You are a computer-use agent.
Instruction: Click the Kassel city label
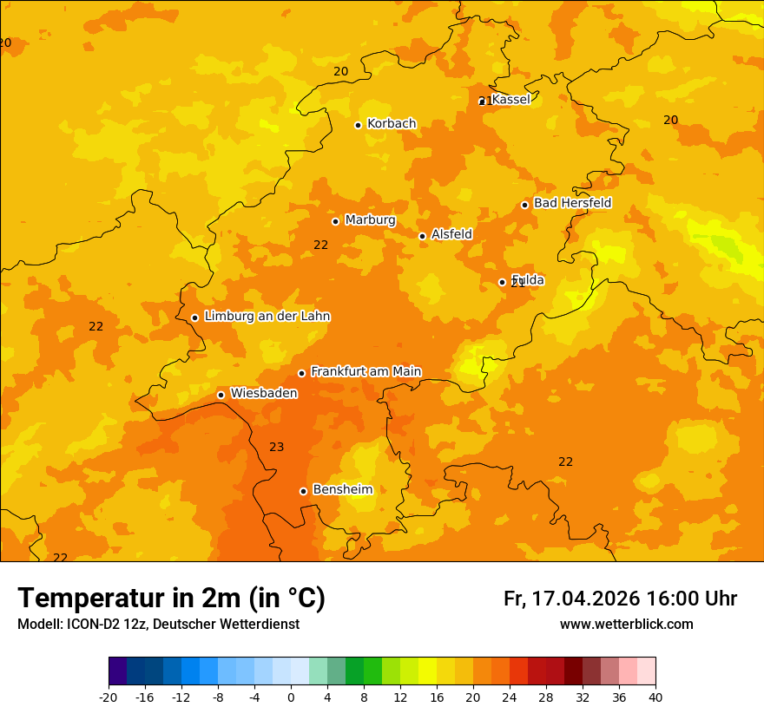click(510, 100)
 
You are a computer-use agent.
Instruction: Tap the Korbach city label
click(392, 124)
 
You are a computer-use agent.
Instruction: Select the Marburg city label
click(370, 220)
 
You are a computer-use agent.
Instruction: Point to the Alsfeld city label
click(451, 234)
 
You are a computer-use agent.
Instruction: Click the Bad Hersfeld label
click(572, 203)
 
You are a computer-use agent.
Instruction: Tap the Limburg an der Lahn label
click(267, 317)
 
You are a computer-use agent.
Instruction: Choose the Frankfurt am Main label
click(366, 371)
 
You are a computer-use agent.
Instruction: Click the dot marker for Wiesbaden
click(221, 395)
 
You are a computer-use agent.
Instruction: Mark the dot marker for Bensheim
click(303, 491)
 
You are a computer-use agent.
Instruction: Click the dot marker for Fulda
click(502, 282)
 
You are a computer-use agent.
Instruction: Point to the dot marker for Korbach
click(358, 125)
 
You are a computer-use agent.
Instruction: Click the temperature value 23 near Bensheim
click(276, 448)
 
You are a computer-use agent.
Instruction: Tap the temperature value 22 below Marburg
click(321, 245)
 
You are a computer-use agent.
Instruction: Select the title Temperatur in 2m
click(171, 598)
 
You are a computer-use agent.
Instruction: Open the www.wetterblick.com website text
click(626, 625)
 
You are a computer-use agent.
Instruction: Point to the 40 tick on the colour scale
click(655, 697)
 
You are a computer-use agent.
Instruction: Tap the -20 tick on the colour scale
click(109, 697)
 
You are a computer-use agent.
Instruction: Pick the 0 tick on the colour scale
click(291, 697)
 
